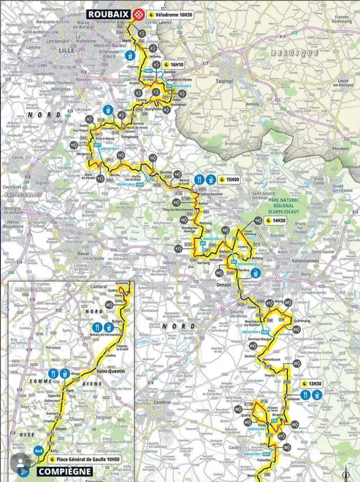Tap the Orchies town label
(x=165, y=172)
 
